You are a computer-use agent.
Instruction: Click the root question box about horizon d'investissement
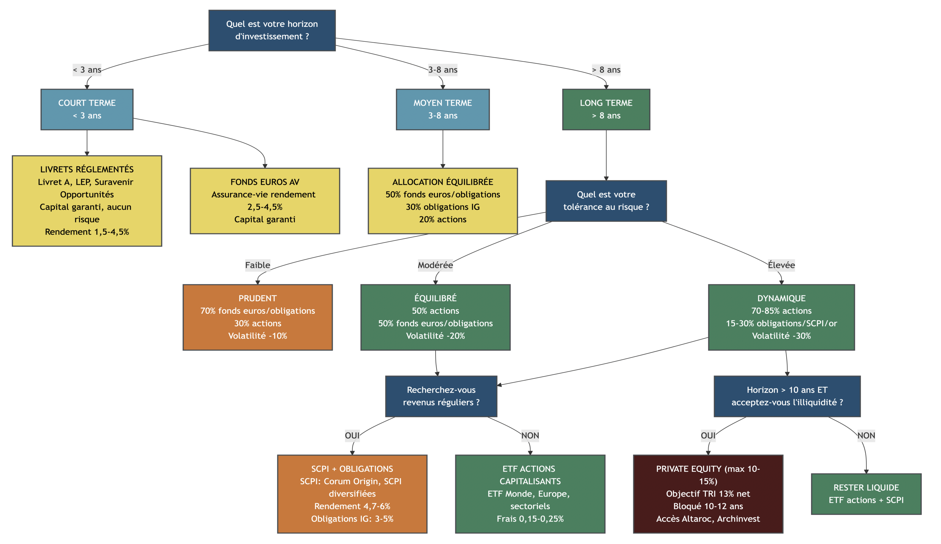click(x=272, y=30)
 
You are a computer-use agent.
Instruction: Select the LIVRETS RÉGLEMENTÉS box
click(x=87, y=200)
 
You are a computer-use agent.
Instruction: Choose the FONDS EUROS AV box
click(x=264, y=200)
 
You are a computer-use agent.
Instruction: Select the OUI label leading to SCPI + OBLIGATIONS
click(x=352, y=435)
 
